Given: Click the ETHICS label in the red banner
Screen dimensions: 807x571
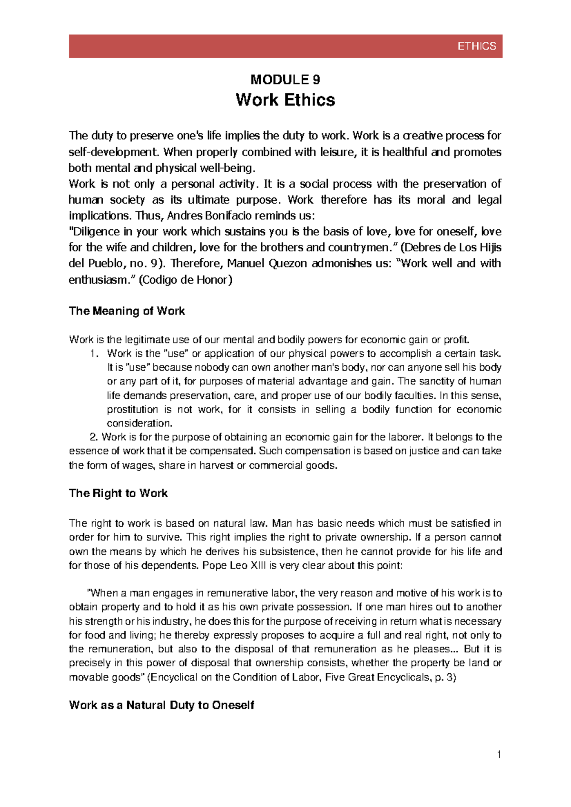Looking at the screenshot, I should tap(476, 46).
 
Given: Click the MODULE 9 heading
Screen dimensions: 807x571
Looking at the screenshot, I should tap(285, 79).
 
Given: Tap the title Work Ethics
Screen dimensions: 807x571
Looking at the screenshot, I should tap(285, 100).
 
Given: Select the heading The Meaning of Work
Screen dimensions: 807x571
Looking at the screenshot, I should tap(127, 311).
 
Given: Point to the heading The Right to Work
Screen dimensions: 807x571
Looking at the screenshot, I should tap(118, 493).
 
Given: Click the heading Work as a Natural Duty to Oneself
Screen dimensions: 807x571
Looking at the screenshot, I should tap(161, 705).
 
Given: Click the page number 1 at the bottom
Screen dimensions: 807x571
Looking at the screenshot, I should tap(499, 754).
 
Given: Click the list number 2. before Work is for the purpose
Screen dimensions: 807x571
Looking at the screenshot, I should tap(94, 437).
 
